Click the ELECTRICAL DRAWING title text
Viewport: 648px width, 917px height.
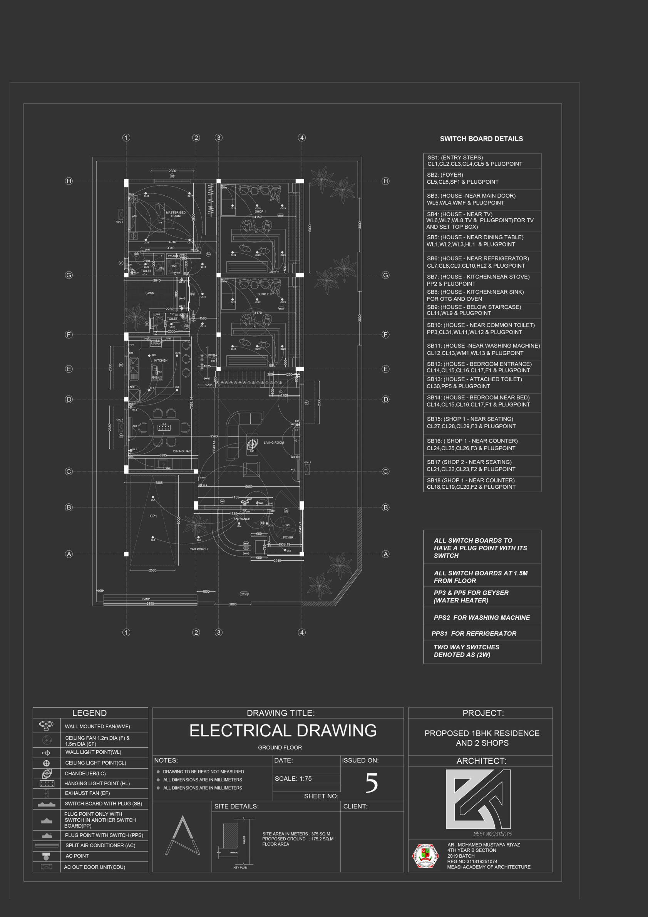pos(283,731)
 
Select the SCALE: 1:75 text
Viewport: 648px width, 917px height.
pos(293,778)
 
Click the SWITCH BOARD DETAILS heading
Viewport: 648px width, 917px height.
pos(481,139)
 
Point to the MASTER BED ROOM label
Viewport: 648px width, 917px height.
pos(176,214)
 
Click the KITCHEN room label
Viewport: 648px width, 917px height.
pos(161,360)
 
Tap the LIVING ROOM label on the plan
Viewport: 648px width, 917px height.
pos(273,443)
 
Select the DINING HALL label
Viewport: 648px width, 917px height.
pos(183,451)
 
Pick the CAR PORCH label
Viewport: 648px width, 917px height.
pos(198,549)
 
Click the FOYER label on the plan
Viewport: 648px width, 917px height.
pos(288,537)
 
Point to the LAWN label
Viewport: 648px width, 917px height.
pos(150,293)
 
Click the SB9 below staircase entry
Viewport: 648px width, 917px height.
pos(474,310)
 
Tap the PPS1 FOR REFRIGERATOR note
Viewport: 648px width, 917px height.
pos(474,634)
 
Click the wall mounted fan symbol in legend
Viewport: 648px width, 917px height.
pos(46,725)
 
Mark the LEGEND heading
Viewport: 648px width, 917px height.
pos(89,713)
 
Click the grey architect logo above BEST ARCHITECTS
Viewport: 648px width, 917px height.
pos(478,799)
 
